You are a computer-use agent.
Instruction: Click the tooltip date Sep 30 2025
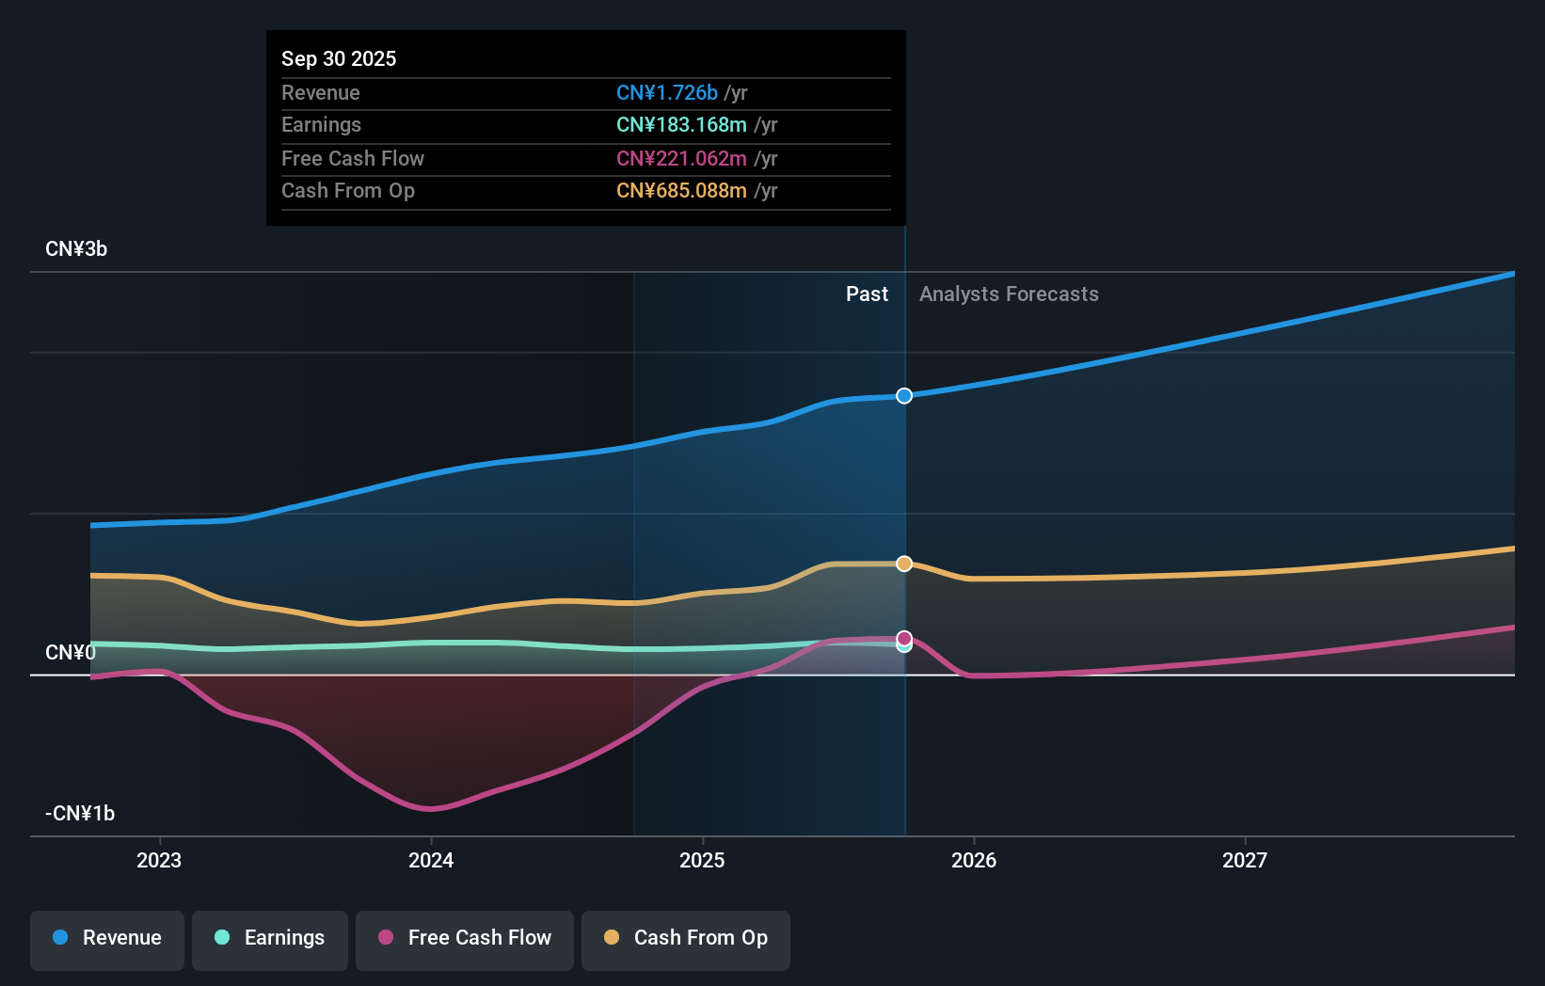click(339, 58)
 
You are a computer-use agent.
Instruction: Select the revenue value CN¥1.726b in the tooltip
click(666, 92)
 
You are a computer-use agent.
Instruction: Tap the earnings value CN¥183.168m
click(681, 124)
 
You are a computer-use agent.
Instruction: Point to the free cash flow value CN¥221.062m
click(681, 158)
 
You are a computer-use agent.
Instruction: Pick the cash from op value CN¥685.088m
click(681, 190)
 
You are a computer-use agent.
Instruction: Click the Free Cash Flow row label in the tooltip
click(353, 158)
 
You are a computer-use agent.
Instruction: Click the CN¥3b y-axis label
click(76, 248)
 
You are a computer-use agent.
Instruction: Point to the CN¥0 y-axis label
click(71, 652)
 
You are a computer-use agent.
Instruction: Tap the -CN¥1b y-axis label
click(80, 813)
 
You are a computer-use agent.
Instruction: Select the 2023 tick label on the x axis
click(159, 860)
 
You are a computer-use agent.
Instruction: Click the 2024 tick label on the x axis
click(431, 860)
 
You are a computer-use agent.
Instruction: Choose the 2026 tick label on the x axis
click(974, 860)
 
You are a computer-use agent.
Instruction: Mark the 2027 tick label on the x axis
click(1245, 860)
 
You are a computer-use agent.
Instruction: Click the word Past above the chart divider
click(867, 294)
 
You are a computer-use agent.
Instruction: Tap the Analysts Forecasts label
click(1009, 294)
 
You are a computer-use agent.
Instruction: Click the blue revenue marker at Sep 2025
click(904, 396)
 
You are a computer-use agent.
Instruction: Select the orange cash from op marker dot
click(904, 564)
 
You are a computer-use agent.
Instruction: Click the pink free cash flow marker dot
click(904, 638)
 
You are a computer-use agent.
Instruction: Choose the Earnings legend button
click(270, 938)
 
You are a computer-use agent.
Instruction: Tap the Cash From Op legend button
click(686, 938)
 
